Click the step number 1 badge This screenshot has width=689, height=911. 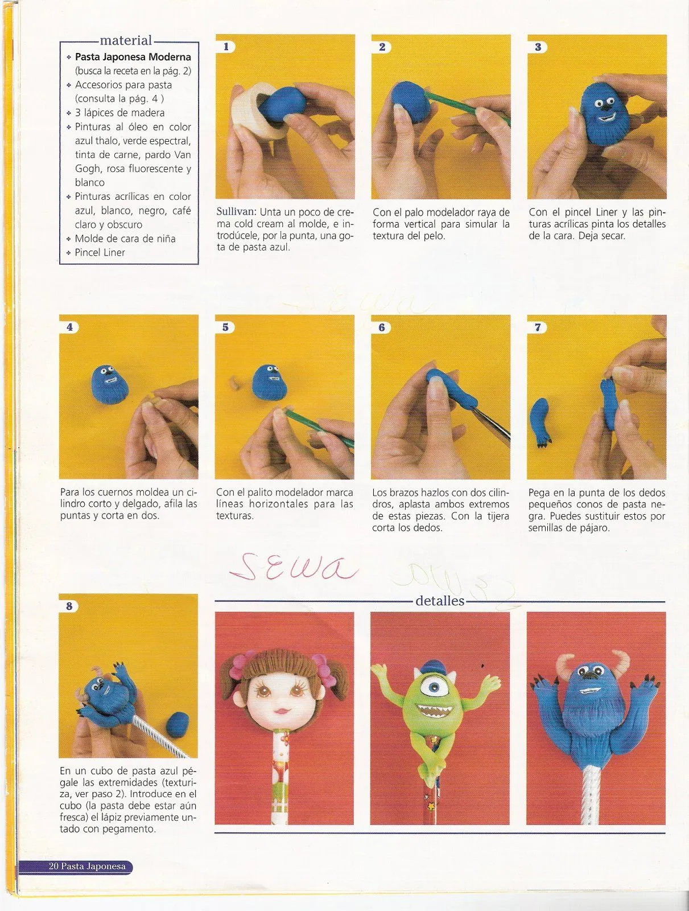pyautogui.click(x=226, y=47)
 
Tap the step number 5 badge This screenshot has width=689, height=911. pyautogui.click(x=225, y=327)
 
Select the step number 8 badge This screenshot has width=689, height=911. pyautogui.click(x=69, y=606)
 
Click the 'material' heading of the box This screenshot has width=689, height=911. pyautogui.click(x=126, y=40)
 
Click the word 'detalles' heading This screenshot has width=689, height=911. pyautogui.click(x=440, y=601)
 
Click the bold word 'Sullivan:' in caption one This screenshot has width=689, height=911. pyautogui.click(x=236, y=212)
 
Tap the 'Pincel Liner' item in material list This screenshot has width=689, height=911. pyautogui.click(x=100, y=252)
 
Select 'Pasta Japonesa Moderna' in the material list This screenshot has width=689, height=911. pyautogui.click(x=133, y=57)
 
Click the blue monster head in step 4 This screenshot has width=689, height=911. pyautogui.click(x=110, y=384)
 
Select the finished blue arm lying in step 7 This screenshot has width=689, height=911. pyautogui.click(x=540, y=418)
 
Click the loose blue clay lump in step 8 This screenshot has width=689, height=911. pyautogui.click(x=178, y=726)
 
